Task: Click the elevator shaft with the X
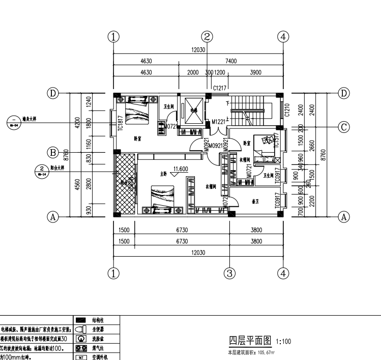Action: click(x=194, y=110)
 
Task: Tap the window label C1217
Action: click(x=220, y=88)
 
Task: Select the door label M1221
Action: click(x=218, y=121)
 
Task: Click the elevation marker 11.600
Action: click(x=181, y=169)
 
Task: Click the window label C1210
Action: click(x=287, y=108)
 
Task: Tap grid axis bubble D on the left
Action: click(x=52, y=93)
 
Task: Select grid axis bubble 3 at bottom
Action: click(x=229, y=273)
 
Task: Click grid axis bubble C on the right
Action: click(x=344, y=127)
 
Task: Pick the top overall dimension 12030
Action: click(x=198, y=50)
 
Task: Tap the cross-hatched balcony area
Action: click(x=125, y=183)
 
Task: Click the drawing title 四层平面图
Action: click(x=250, y=341)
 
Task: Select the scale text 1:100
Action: click(x=283, y=342)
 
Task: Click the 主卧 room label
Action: click(x=163, y=174)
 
